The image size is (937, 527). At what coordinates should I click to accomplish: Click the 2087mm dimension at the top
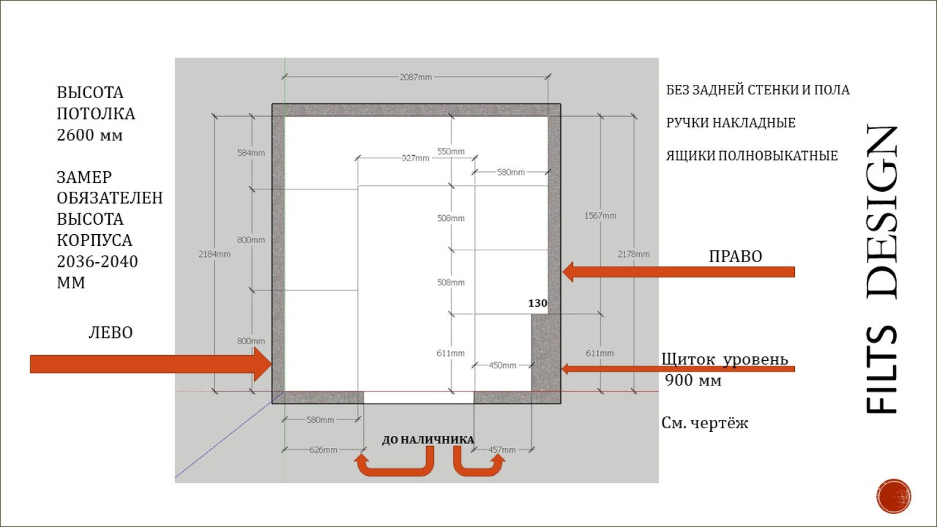click(x=416, y=77)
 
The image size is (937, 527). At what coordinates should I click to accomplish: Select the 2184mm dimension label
click(x=214, y=254)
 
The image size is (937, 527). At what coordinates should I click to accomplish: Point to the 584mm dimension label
click(x=251, y=153)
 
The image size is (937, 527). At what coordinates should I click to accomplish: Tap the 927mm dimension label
click(x=416, y=158)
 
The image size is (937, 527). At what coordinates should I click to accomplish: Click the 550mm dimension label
click(x=451, y=152)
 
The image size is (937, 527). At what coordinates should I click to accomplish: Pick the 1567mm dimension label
click(x=600, y=216)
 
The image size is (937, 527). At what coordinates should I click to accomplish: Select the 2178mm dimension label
click(x=634, y=254)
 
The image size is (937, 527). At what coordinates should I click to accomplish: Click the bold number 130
click(x=538, y=303)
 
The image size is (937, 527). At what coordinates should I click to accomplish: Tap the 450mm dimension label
click(x=502, y=365)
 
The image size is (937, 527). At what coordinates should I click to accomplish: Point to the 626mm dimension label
click(x=323, y=449)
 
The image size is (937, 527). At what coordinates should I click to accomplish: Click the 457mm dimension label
click(x=502, y=449)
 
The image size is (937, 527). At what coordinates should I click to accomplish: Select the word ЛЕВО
click(x=110, y=333)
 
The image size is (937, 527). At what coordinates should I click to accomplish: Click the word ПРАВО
click(x=735, y=257)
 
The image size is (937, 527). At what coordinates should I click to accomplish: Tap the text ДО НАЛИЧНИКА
click(x=428, y=440)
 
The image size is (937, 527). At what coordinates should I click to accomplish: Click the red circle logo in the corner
click(x=893, y=496)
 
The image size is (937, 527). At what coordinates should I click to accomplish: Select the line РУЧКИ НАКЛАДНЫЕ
click(x=731, y=123)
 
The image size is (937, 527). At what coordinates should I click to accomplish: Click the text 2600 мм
click(x=90, y=136)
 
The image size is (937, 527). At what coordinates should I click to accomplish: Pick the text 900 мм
click(x=693, y=380)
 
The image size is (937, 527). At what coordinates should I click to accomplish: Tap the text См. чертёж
click(x=704, y=423)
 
